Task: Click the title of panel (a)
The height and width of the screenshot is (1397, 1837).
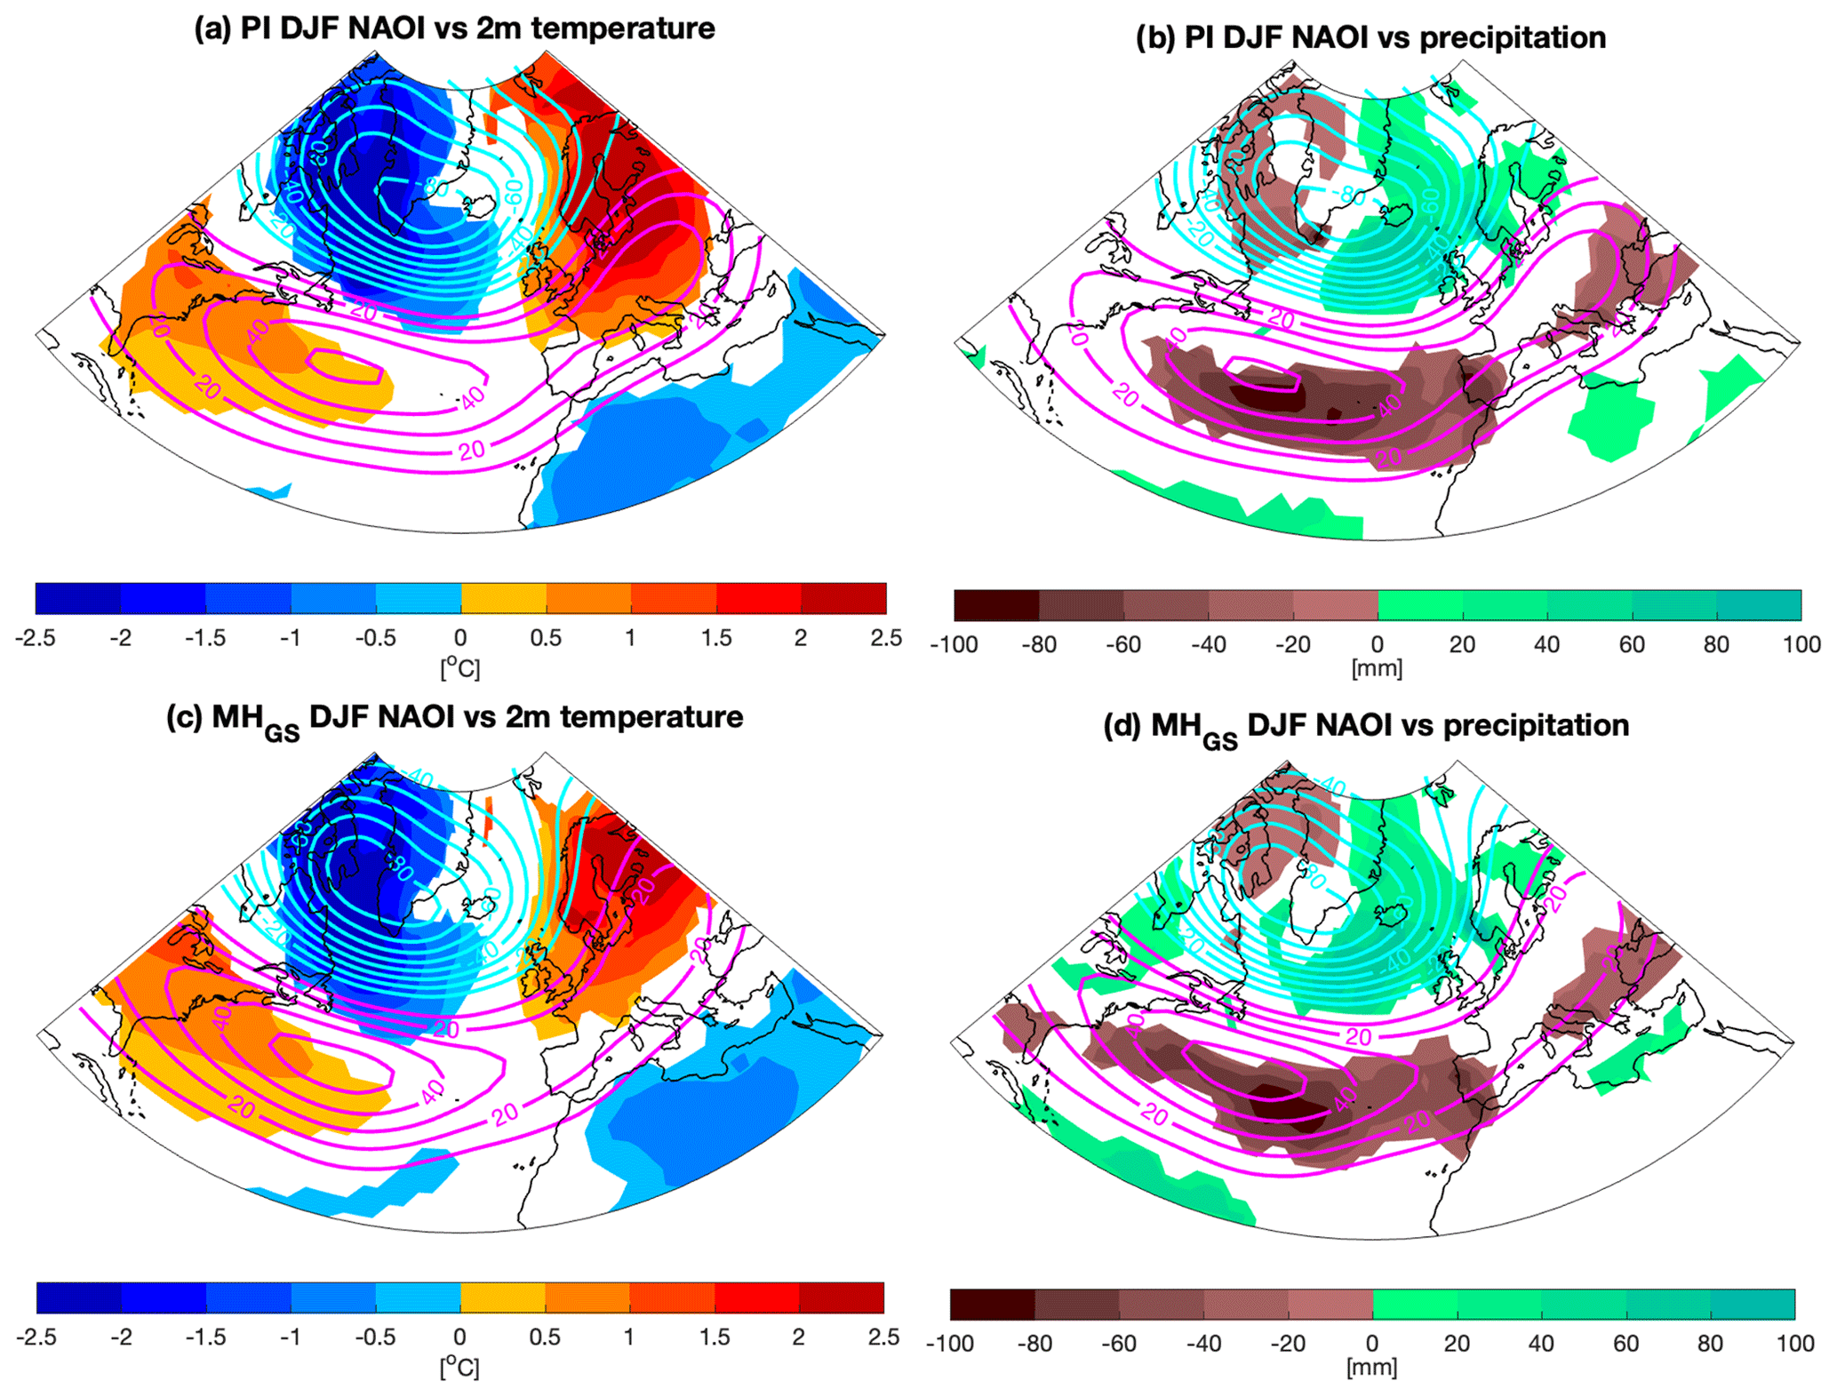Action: [x=454, y=28]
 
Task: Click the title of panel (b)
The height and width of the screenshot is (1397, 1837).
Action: [x=1370, y=37]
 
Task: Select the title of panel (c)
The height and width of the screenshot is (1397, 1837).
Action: [x=454, y=718]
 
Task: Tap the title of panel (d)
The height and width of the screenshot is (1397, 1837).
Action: [x=1366, y=727]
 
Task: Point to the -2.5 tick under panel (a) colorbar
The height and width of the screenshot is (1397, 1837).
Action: [x=36, y=638]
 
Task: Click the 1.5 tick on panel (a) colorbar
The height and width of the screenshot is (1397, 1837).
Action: [x=715, y=638]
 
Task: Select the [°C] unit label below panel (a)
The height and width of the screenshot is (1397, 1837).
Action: [x=460, y=667]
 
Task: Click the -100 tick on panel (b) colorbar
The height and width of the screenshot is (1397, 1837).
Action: [x=954, y=645]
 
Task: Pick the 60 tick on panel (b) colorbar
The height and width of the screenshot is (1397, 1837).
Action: [x=1632, y=645]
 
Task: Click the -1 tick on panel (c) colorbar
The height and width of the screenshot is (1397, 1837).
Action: [x=290, y=1337]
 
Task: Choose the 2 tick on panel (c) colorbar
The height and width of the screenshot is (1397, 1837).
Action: [x=799, y=1337]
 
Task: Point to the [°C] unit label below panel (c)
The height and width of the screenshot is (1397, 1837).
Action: [x=459, y=1367]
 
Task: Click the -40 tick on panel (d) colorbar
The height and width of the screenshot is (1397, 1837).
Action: [x=1203, y=1344]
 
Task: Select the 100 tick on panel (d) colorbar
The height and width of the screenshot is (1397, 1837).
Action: [x=1794, y=1344]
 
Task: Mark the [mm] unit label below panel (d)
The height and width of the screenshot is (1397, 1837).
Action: [x=1371, y=1368]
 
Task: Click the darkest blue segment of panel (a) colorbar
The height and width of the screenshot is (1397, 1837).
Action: [x=78, y=599]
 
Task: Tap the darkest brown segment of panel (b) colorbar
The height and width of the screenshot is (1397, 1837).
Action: [x=996, y=605]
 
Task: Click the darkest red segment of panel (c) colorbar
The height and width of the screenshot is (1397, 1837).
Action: [x=842, y=1297]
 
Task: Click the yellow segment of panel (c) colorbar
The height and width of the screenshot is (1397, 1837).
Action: [x=503, y=1297]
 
